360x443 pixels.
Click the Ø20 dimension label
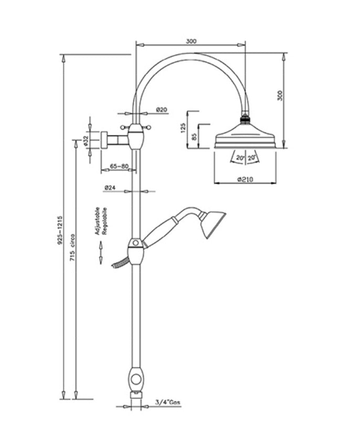[x=162, y=109]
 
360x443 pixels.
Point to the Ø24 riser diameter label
[x=110, y=187]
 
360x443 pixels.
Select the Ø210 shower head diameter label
[x=245, y=179]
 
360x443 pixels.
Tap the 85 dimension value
[x=195, y=138]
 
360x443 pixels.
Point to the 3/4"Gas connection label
[x=168, y=403]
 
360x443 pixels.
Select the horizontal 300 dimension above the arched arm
[x=191, y=41]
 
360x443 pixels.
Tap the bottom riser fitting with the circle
[x=136, y=378]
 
